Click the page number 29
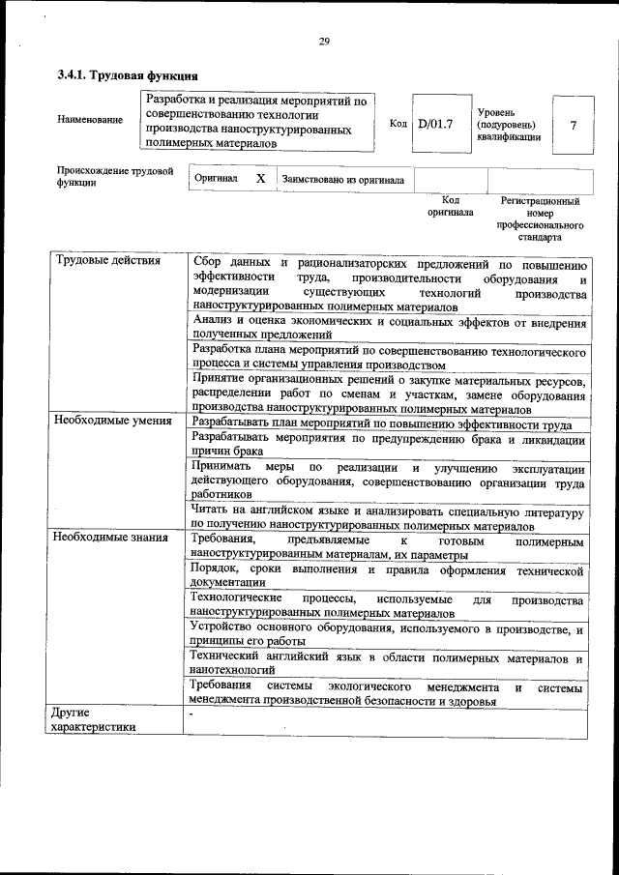pos(324,41)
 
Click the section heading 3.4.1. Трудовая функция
pos(128,75)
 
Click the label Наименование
pos(90,120)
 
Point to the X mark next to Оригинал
pos(260,179)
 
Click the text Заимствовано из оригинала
pos(342,180)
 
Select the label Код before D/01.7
pos(398,124)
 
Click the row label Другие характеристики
pos(94,720)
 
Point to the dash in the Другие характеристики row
pos(192,715)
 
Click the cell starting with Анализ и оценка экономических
pos(388,327)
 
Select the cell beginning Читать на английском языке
pos(388,516)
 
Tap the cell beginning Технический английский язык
pos(388,664)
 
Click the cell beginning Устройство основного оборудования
pos(388,634)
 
